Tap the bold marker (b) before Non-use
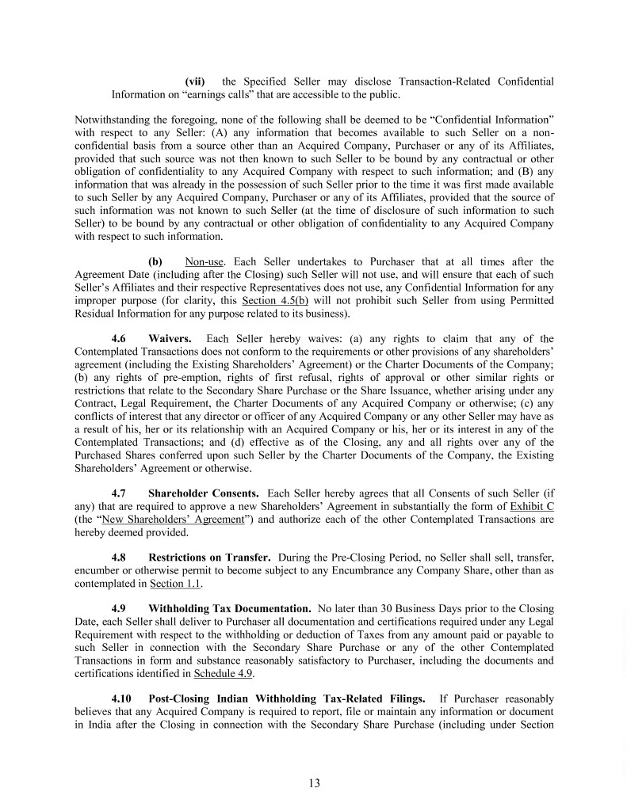tap(155, 261)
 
